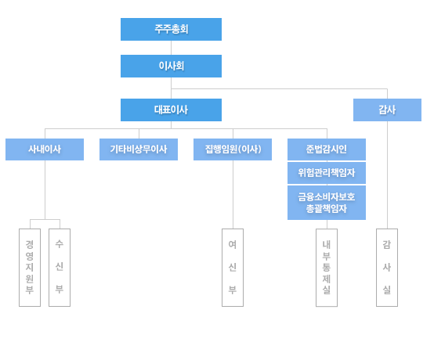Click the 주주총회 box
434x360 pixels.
(x=171, y=29)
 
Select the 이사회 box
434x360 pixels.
(x=171, y=66)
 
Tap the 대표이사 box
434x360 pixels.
(x=171, y=110)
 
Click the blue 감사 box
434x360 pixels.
(x=387, y=110)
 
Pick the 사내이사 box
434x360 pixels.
(x=45, y=149)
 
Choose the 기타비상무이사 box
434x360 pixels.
(x=139, y=149)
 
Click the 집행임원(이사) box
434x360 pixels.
(x=233, y=149)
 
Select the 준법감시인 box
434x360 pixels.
(x=327, y=149)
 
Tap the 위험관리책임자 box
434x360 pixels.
(x=327, y=173)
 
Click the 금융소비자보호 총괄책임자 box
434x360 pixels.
(x=327, y=203)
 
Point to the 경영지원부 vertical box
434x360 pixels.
(x=30, y=268)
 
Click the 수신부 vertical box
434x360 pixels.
(x=60, y=268)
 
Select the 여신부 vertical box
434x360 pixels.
(x=233, y=268)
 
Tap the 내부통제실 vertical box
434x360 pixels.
(x=327, y=268)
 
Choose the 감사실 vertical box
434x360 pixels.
(x=387, y=268)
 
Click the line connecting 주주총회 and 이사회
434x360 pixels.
(x=171, y=48)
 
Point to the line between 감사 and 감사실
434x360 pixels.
(x=387, y=175)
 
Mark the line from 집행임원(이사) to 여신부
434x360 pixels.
(x=233, y=194)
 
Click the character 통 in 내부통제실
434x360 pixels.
(x=327, y=267)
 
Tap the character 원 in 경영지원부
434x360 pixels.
(x=30, y=279)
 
